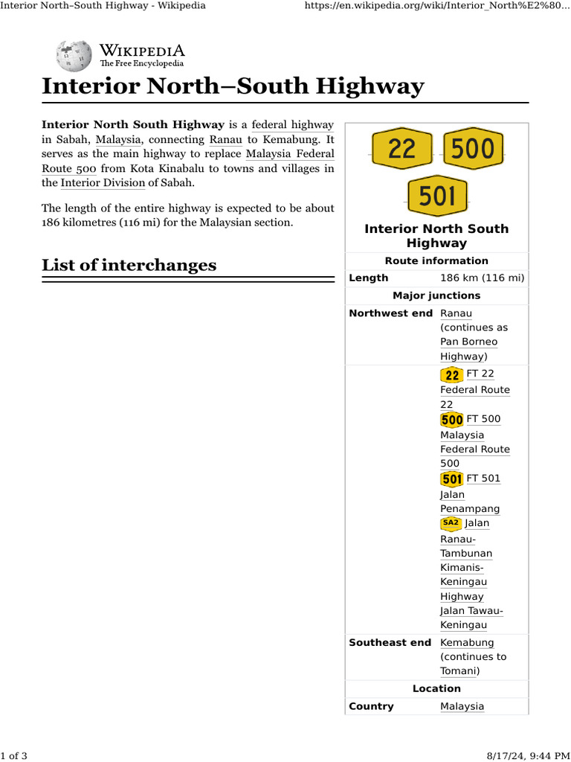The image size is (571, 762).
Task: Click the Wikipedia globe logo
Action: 73,57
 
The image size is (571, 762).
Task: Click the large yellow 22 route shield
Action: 401,149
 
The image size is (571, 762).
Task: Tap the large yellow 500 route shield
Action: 473,149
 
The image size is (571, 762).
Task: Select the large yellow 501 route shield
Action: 437,196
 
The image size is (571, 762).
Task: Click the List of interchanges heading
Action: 129,266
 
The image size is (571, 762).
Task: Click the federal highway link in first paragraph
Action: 293,125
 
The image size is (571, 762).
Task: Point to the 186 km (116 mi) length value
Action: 482,278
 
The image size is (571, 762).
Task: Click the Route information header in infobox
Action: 436,261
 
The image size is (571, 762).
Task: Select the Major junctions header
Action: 436,296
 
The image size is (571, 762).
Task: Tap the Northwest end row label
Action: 390,313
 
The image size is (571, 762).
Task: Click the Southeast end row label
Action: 390,643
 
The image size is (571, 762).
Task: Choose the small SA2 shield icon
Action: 451,523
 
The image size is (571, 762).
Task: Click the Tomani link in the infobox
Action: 457,671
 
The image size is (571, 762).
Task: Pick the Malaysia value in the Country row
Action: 462,707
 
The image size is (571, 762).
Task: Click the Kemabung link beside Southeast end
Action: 467,643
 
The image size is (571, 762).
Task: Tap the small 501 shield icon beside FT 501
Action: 451,479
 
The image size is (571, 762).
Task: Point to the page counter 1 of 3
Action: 14,756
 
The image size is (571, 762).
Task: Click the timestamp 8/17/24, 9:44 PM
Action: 531,756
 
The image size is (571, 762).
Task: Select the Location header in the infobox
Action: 436,689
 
